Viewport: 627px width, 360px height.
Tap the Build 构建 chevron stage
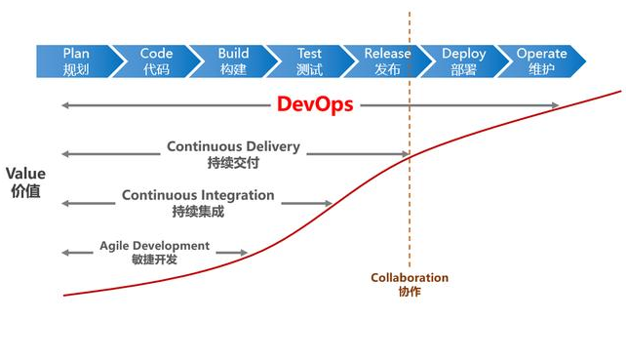233,61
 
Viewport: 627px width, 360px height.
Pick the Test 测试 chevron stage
309,61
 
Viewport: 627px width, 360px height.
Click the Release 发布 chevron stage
387,61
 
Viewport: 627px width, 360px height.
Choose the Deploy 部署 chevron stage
464,61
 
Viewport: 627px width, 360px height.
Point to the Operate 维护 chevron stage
541,61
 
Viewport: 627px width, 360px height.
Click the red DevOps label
315,104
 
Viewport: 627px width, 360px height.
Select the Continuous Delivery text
233,147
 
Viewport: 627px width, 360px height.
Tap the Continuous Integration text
198,195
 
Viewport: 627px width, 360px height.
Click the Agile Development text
154,246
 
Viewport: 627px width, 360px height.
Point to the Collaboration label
410,278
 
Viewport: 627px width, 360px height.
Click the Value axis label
25,174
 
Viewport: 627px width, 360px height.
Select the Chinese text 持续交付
233,163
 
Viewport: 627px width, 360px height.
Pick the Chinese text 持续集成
198,211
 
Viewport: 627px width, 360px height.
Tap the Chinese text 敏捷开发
154,260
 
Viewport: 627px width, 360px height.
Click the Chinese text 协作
410,292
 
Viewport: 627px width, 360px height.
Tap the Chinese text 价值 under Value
25,191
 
